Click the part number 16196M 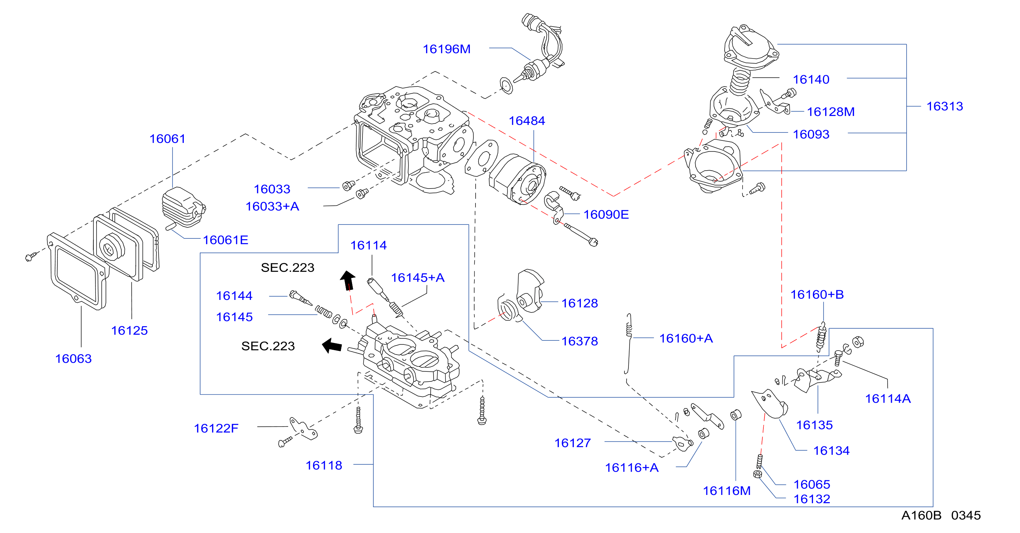pyautogui.click(x=446, y=49)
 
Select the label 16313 pyautogui.click(x=944, y=106)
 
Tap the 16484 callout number pyautogui.click(x=527, y=121)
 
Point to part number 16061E pyautogui.click(x=225, y=240)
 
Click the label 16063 pyautogui.click(x=73, y=359)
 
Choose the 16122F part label pyautogui.click(x=216, y=428)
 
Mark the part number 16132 pyautogui.click(x=812, y=499)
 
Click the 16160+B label pyautogui.click(x=817, y=295)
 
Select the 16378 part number pyautogui.click(x=580, y=341)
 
